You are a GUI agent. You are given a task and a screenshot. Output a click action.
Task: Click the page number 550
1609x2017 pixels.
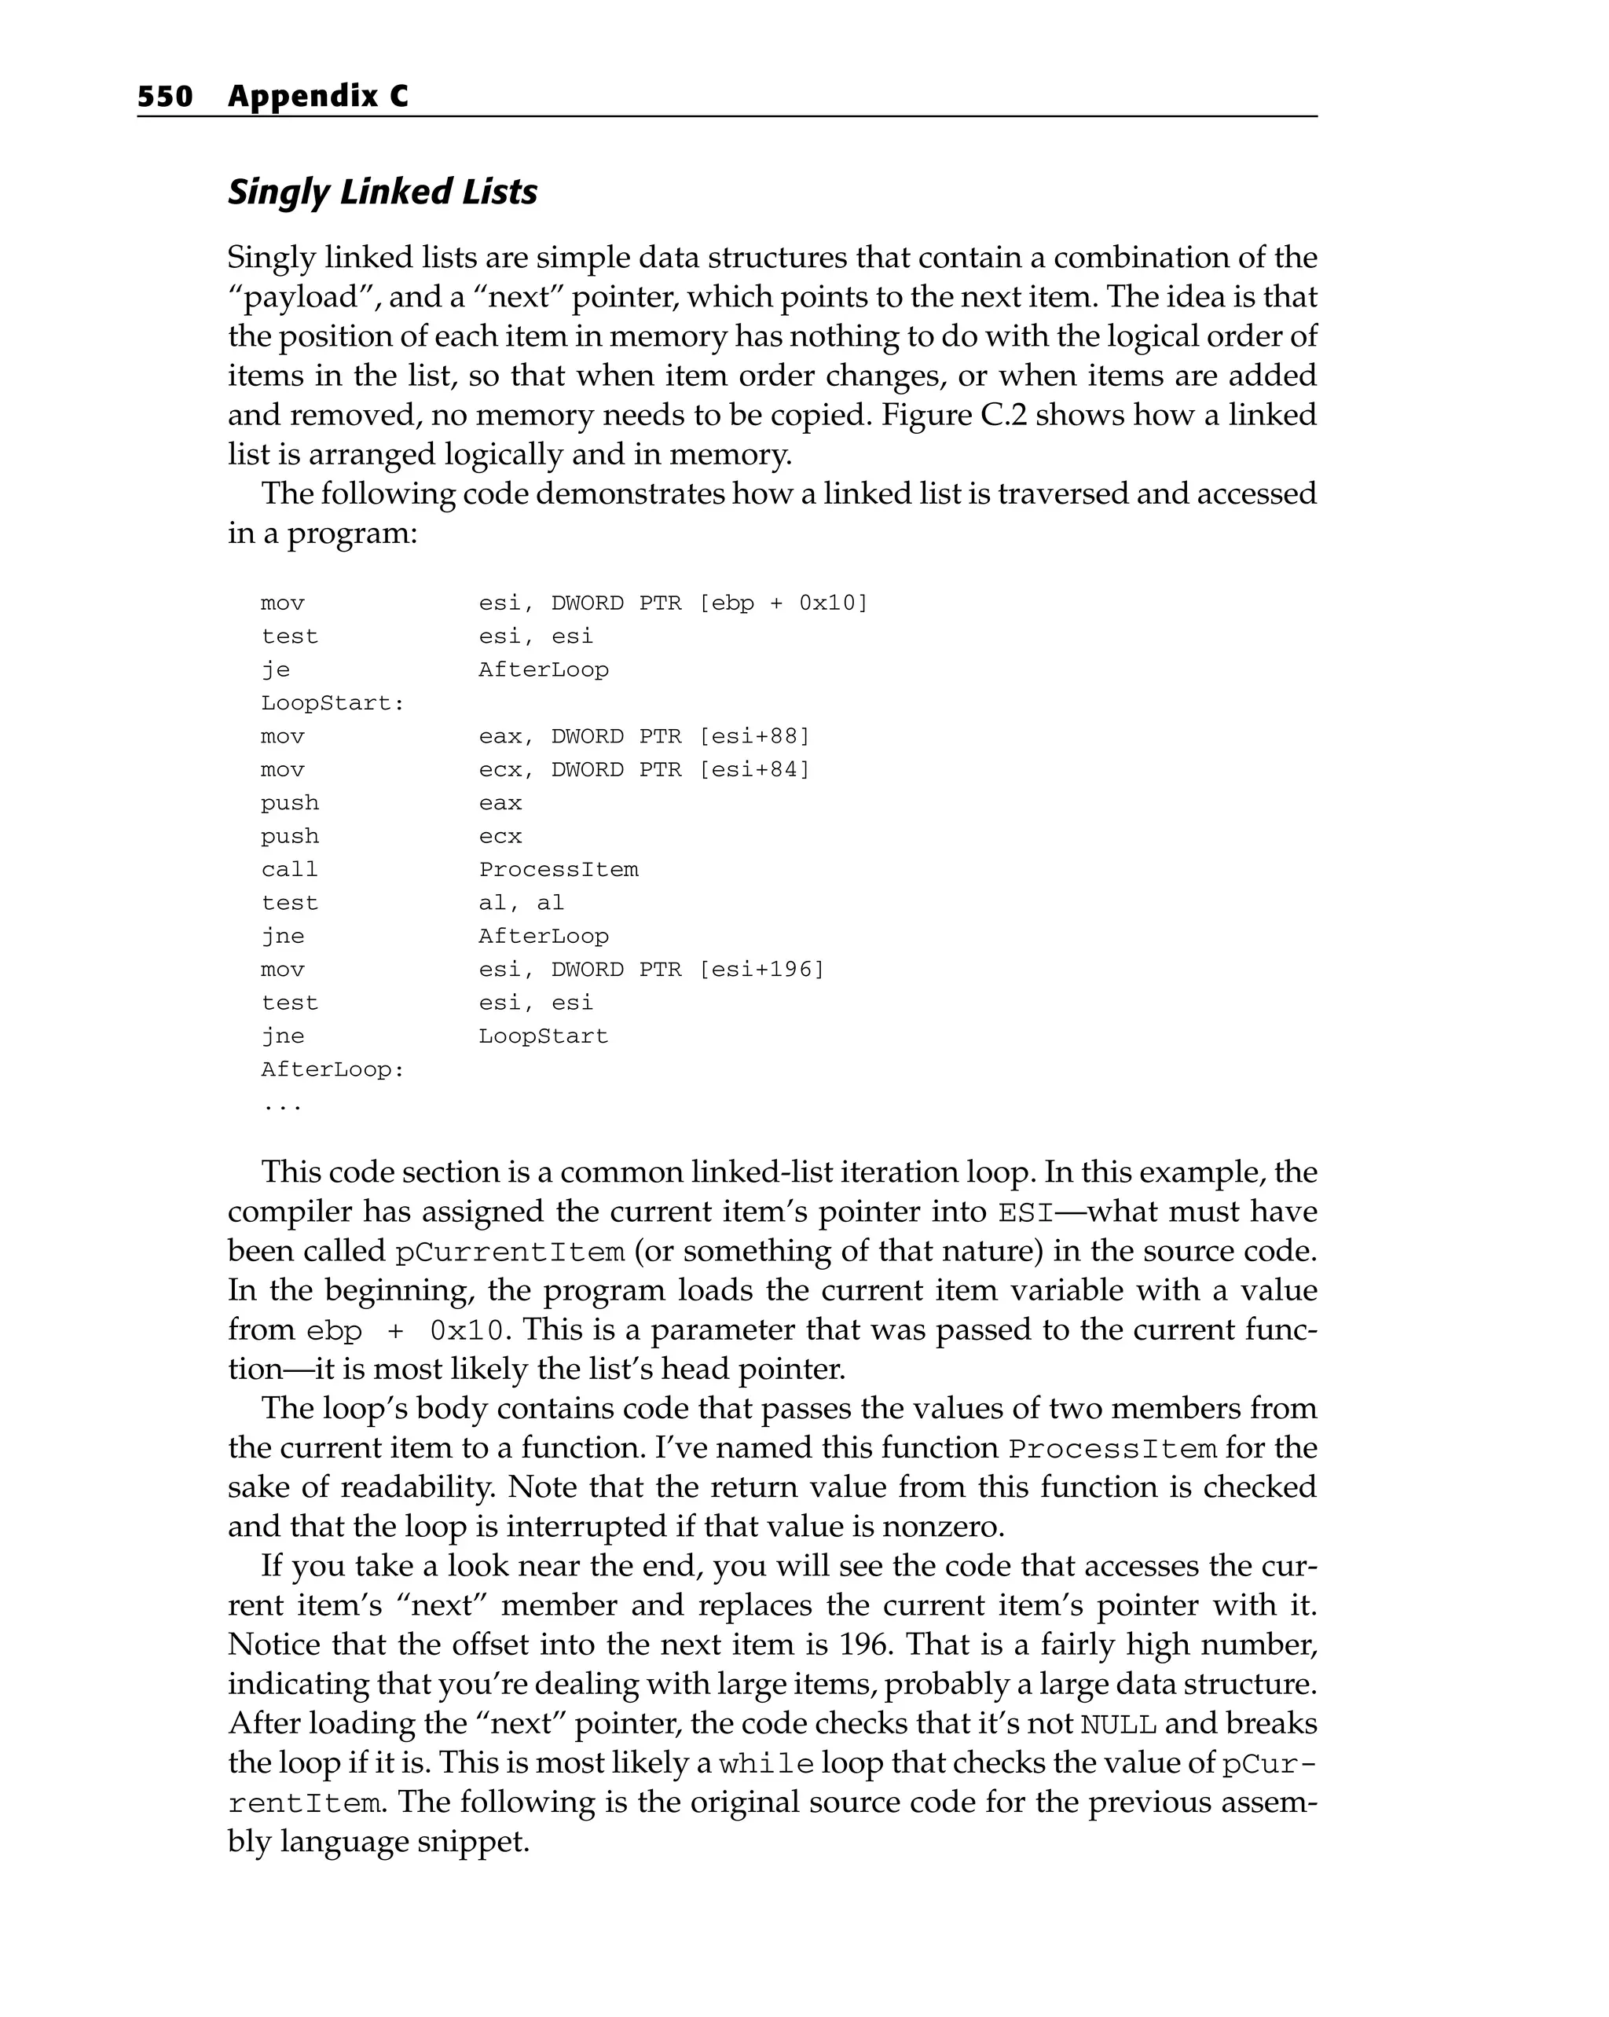tap(165, 97)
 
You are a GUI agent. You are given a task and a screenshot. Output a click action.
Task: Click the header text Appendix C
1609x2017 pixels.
tap(317, 97)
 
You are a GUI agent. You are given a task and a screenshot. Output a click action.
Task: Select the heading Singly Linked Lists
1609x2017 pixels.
tap(383, 192)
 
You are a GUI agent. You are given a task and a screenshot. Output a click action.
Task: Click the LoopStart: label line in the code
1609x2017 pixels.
tap(332, 703)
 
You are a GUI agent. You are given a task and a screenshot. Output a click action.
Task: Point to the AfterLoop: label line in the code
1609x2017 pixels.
tap(332, 1069)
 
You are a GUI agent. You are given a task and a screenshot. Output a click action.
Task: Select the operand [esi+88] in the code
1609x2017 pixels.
tap(754, 736)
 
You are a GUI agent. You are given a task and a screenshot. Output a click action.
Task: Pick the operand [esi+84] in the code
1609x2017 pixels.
tap(754, 770)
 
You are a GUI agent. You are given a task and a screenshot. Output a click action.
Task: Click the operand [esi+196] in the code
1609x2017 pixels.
tap(761, 969)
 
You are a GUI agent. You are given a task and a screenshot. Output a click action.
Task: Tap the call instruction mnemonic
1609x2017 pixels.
tap(289, 870)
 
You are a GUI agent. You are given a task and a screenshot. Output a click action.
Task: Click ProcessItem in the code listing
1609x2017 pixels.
tap(559, 870)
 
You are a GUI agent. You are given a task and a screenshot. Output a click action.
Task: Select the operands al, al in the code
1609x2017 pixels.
tap(521, 903)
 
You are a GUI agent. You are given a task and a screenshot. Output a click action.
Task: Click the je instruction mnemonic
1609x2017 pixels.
tap(275, 669)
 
